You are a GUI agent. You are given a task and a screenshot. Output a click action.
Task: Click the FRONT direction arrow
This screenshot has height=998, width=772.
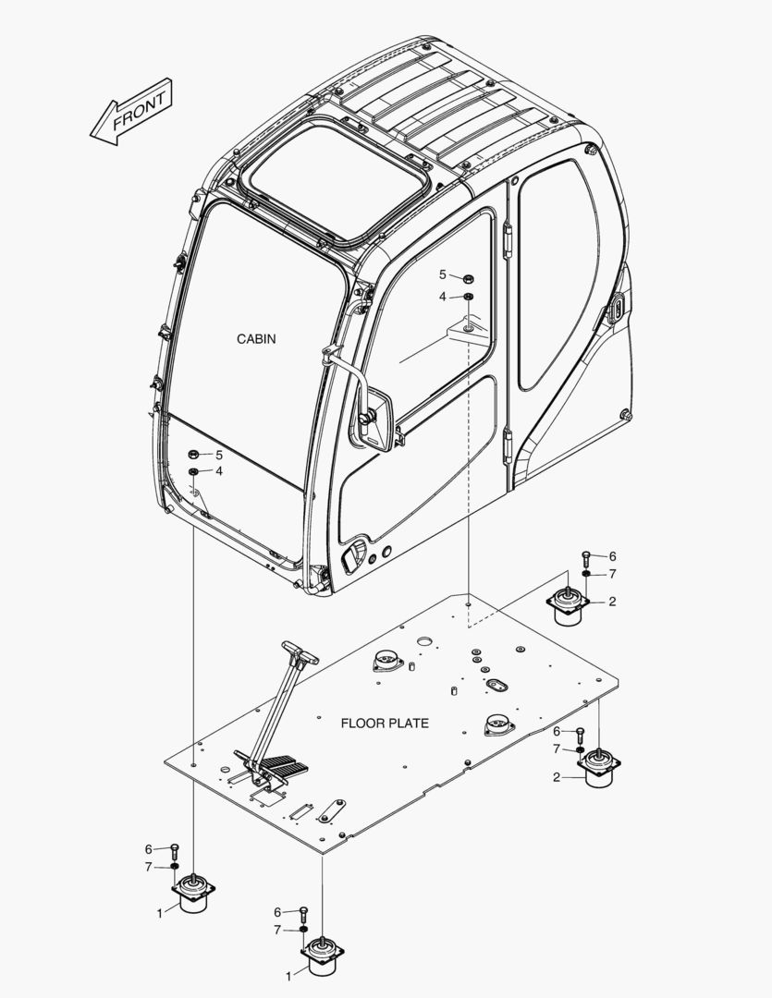(131, 112)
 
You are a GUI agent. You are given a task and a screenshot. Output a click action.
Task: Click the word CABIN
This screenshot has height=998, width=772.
(256, 339)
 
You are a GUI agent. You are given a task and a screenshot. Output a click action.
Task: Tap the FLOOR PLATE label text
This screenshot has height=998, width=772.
(385, 723)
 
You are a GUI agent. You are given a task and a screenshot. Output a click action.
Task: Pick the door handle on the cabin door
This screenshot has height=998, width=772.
(353, 557)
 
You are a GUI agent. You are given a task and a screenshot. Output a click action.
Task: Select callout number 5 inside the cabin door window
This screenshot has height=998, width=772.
(443, 274)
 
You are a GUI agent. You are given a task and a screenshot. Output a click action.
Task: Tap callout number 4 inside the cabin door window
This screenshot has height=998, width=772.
(443, 297)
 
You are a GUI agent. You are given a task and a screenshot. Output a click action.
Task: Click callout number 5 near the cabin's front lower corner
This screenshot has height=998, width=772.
(219, 455)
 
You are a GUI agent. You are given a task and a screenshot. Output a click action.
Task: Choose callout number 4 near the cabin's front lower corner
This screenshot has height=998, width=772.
(219, 471)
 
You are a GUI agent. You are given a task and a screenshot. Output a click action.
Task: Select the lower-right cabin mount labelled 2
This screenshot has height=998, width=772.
(598, 766)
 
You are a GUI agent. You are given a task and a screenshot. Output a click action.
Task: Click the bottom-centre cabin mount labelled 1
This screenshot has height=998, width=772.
(321, 957)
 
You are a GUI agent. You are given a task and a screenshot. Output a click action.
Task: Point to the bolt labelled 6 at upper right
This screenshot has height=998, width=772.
(586, 558)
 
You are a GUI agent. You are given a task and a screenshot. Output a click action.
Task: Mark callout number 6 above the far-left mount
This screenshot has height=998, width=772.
(148, 849)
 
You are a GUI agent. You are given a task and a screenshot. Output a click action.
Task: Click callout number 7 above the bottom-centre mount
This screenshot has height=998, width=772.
(276, 930)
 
